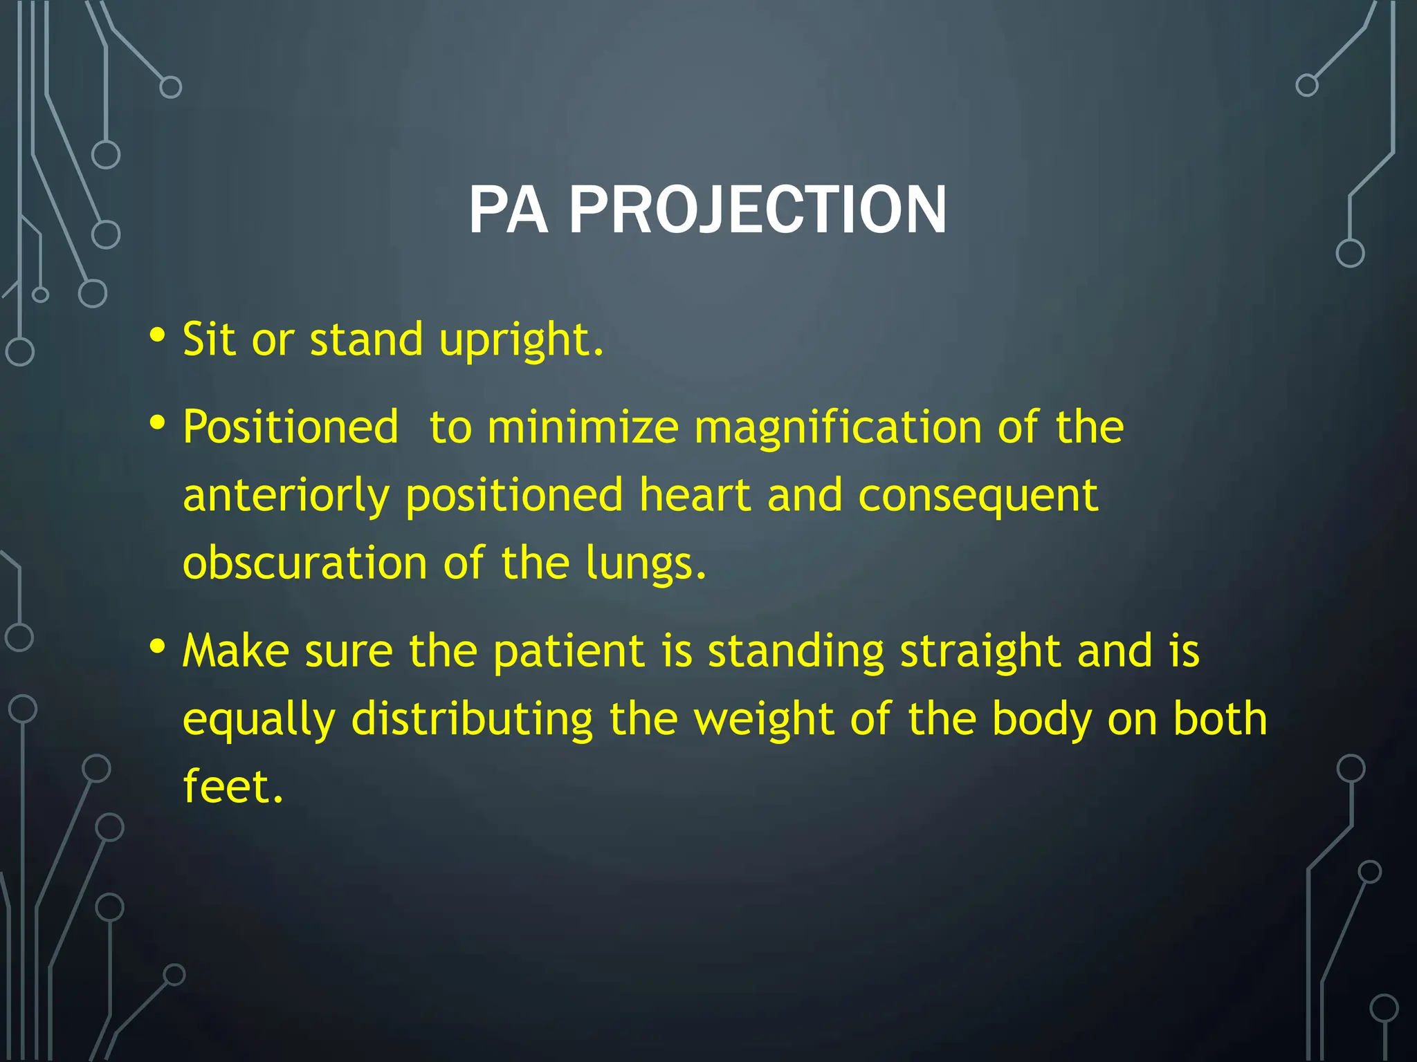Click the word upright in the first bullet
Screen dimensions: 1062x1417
(x=520, y=340)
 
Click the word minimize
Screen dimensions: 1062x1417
(x=583, y=427)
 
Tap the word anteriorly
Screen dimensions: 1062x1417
(x=286, y=496)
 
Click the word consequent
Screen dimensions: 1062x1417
(x=978, y=496)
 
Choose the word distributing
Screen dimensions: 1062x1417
(x=472, y=719)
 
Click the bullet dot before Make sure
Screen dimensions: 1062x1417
(x=157, y=647)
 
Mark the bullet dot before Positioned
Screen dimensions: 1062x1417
(x=157, y=422)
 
